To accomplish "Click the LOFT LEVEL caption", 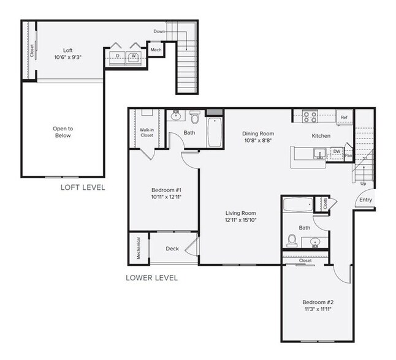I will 82,187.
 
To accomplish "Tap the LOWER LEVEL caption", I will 151,277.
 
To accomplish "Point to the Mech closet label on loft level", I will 156,50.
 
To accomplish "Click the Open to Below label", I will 63,132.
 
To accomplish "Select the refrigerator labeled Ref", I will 344,117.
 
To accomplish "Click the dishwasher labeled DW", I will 337,151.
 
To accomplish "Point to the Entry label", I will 365,200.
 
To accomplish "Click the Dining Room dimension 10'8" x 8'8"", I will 257,141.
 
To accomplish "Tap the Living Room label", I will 240,213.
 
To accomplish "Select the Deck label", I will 172,249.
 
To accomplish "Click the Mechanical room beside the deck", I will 138,249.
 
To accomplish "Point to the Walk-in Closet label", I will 147,132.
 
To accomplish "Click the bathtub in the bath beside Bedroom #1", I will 215,132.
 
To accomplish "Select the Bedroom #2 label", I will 317,302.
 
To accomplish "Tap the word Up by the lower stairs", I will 364,183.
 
